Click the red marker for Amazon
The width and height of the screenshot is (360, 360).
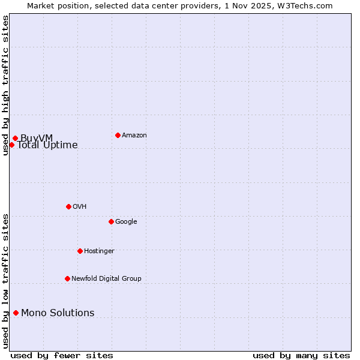[118, 135]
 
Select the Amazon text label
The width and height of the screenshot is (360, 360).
[134, 136]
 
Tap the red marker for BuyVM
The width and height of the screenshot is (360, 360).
[15, 139]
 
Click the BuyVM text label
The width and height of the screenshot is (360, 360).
[37, 139]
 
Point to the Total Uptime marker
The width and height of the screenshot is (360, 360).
[11, 145]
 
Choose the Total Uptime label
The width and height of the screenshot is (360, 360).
[47, 145]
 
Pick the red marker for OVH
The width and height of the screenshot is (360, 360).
[68, 206]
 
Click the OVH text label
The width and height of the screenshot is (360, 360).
[80, 207]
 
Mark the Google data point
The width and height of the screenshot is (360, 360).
[111, 221]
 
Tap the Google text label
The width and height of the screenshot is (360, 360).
[126, 222]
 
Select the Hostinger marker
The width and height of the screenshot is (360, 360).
[80, 251]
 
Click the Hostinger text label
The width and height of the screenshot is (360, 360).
[99, 251]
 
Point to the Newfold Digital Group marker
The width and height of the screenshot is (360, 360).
[67, 278]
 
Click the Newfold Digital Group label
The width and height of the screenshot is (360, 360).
[106, 279]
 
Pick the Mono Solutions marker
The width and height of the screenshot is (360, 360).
[16, 313]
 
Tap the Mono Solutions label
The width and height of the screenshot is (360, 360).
[58, 313]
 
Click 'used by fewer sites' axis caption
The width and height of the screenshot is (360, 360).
[62, 355]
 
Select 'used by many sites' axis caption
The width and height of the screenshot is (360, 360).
[301, 355]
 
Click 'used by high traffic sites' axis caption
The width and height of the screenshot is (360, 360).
[5, 85]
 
